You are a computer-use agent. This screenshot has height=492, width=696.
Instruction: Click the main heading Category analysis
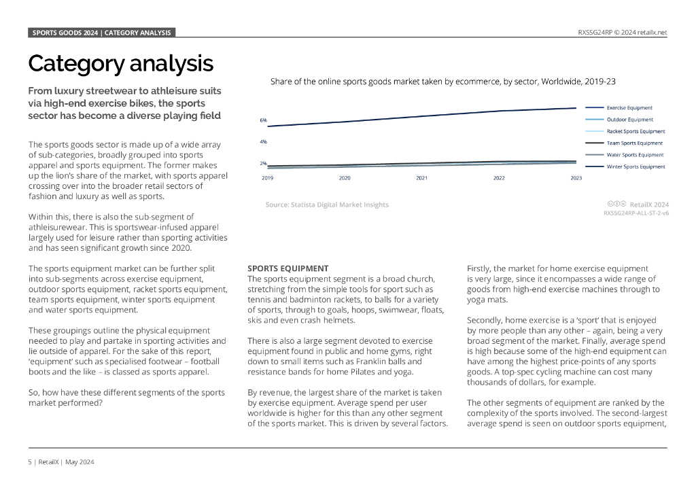point(120,64)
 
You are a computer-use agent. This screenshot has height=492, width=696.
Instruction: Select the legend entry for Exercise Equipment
point(629,107)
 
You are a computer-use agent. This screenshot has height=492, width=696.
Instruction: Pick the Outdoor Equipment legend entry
point(629,120)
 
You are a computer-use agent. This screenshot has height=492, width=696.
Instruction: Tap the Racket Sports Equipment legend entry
point(636,131)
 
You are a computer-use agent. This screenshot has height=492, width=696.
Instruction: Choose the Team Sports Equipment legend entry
point(634,143)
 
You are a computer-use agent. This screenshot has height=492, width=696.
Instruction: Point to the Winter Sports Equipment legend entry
point(636,166)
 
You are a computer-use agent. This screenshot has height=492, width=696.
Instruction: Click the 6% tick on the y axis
point(263,120)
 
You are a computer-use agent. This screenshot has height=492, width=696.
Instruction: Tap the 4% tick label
point(263,142)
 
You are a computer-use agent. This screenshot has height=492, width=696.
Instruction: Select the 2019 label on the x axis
point(268,178)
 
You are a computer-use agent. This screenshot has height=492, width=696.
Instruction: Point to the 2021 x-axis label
point(422,178)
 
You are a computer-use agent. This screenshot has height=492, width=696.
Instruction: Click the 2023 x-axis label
point(576,178)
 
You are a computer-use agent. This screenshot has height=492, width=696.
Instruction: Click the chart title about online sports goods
point(442,82)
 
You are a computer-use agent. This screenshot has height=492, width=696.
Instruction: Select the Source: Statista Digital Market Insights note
point(327,205)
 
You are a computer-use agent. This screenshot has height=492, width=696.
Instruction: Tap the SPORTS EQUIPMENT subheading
point(288,268)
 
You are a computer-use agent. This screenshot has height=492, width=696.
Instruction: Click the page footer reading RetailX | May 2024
point(61,462)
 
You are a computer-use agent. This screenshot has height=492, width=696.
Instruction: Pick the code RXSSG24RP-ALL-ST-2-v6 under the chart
point(636,213)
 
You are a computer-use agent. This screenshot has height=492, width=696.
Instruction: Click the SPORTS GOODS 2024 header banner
point(102,33)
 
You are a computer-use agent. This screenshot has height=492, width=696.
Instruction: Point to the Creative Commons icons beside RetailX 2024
point(616,204)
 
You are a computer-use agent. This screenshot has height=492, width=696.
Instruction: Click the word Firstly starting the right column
point(479,268)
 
